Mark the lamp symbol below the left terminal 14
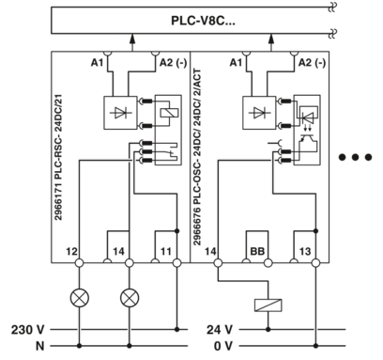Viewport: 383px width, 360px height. pos(130,300)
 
